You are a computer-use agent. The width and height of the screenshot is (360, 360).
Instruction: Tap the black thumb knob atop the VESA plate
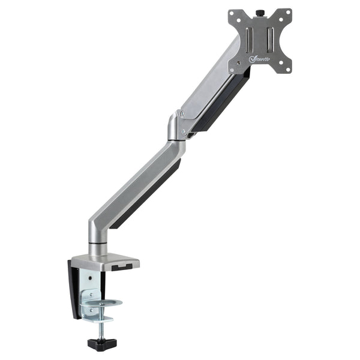pyautogui.click(x=262, y=13)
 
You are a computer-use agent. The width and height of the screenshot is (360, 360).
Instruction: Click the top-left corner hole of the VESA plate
pyautogui.click(x=234, y=15)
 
